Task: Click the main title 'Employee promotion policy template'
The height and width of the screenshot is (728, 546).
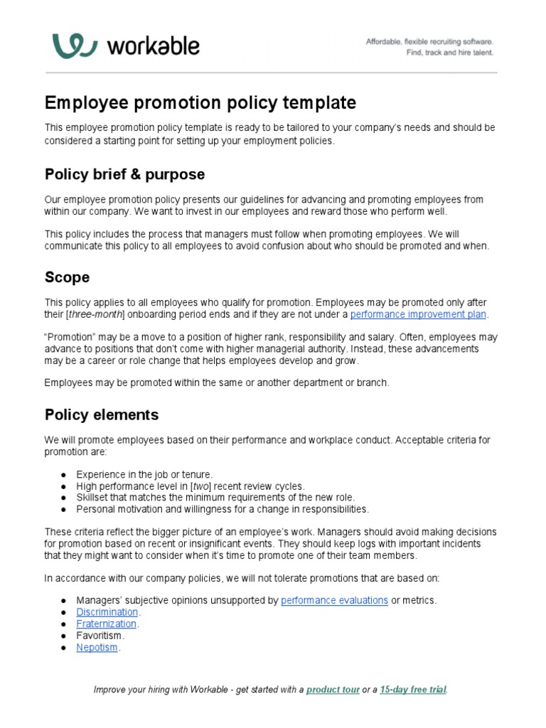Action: click(200, 103)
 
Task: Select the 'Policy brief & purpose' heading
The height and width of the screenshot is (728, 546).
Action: click(124, 174)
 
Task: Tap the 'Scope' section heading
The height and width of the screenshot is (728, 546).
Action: click(67, 277)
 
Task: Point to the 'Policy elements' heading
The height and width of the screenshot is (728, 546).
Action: click(102, 414)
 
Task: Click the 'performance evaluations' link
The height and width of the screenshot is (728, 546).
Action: click(334, 600)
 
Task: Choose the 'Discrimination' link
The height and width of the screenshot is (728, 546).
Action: click(107, 612)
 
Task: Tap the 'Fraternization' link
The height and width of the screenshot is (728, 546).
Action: click(107, 623)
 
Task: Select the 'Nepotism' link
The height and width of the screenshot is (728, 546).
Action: click(97, 647)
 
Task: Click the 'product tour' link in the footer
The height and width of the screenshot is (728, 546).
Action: click(333, 690)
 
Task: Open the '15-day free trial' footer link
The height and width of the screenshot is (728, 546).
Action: click(413, 690)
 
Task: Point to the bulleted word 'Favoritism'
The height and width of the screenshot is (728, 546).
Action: click(100, 636)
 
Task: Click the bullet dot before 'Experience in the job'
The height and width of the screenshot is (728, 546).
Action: click(63, 474)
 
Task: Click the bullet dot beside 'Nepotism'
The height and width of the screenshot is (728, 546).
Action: click(63, 648)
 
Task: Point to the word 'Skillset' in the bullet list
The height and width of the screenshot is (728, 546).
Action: click(93, 498)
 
